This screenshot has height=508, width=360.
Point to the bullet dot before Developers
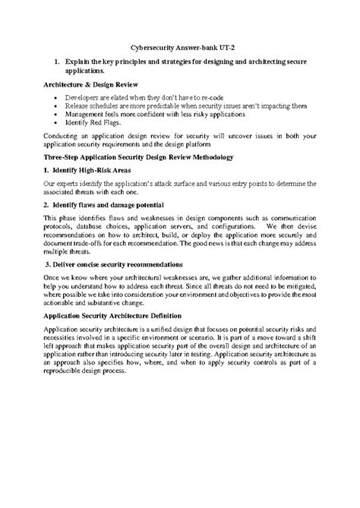click(x=58, y=98)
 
